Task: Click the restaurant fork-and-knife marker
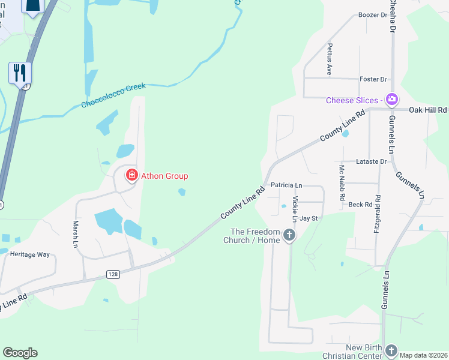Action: point(20,73)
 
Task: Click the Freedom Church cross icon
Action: point(289,235)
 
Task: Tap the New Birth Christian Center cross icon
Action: point(391,350)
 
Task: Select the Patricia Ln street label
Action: point(286,185)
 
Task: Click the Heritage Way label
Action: point(29,254)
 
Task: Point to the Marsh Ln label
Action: point(76,234)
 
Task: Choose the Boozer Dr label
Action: point(372,15)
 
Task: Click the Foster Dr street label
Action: point(373,79)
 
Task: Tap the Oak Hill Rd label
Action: point(428,110)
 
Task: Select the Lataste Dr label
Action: point(371,161)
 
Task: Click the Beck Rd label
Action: point(360,205)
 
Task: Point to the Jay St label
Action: point(309,218)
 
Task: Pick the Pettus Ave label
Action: point(330,59)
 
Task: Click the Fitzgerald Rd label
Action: point(377,214)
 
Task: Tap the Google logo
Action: point(20,353)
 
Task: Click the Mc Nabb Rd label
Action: point(342,183)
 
